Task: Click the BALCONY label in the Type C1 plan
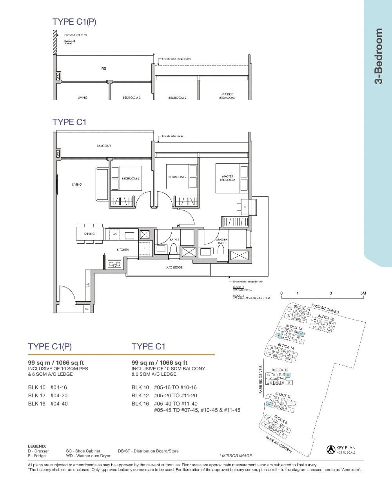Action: click(x=104, y=146)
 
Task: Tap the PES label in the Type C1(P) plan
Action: click(x=104, y=69)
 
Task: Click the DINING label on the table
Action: click(x=89, y=234)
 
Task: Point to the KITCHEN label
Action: click(x=123, y=250)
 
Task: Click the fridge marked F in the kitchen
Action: click(x=144, y=248)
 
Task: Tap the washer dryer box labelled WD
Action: click(x=114, y=234)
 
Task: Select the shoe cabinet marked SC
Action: click(x=87, y=309)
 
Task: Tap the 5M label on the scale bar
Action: click(x=363, y=293)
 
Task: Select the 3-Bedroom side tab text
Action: click(x=378, y=56)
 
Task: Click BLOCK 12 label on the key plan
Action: click(x=280, y=370)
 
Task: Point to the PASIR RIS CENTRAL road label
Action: click(x=279, y=445)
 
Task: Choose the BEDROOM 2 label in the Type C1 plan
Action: click(x=177, y=177)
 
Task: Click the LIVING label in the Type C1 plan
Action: click(x=77, y=184)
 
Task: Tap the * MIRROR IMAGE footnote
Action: click(x=236, y=456)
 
